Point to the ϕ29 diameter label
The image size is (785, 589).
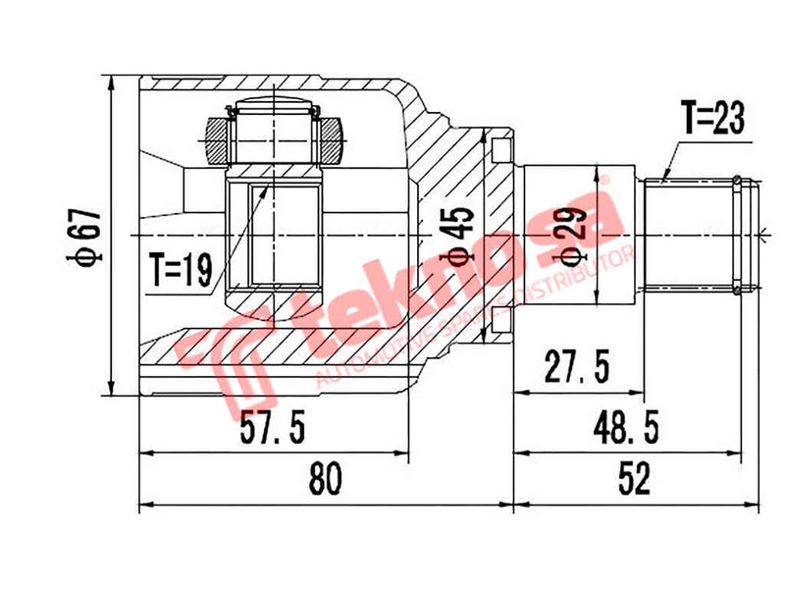coord(569,237)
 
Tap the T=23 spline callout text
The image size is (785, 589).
coord(713,120)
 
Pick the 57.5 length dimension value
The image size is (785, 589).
coord(274,428)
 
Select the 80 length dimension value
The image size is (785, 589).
coord(325,480)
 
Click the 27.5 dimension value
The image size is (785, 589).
coord(577,369)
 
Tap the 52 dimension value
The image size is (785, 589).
coord(635,480)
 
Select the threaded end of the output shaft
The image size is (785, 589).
coord(699,235)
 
